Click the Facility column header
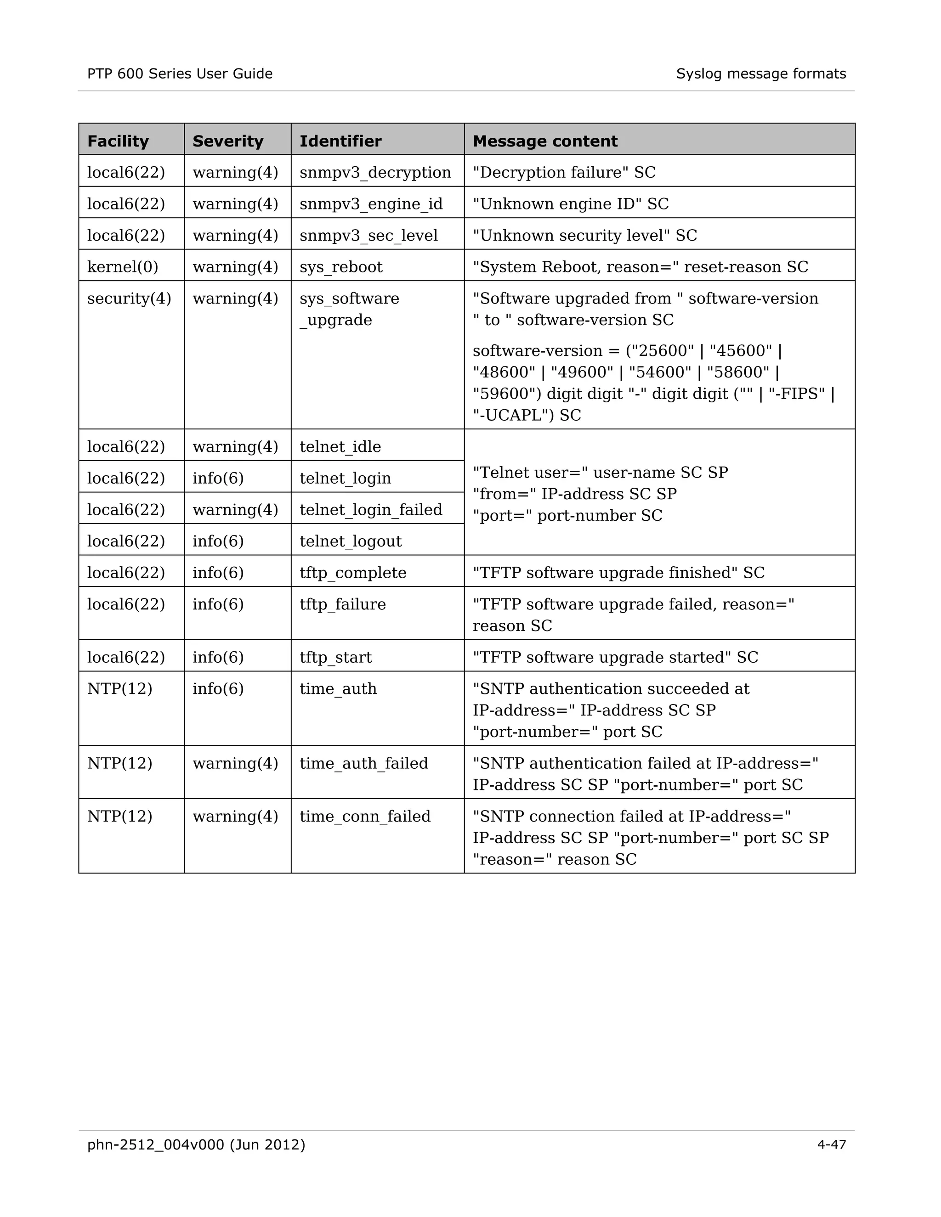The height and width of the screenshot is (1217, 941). click(x=118, y=141)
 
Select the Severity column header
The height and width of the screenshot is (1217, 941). click(x=227, y=141)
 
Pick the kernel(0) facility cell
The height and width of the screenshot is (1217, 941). click(x=123, y=266)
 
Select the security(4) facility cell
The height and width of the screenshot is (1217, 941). click(x=129, y=298)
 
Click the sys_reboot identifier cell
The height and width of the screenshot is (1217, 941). click(x=340, y=266)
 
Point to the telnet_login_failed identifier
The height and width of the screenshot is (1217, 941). click(x=371, y=509)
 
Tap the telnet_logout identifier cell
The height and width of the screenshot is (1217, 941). click(x=350, y=541)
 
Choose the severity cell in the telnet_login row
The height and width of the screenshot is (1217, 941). click(x=218, y=478)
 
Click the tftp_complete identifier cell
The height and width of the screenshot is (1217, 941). click(x=352, y=572)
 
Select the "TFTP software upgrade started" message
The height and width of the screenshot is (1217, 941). click(x=615, y=657)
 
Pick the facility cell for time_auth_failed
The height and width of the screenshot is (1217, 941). click(x=119, y=763)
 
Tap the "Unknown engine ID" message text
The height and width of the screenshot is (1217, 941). click(x=570, y=203)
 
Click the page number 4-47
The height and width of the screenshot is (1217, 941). click(x=831, y=1144)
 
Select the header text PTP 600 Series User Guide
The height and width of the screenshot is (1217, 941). click(x=180, y=73)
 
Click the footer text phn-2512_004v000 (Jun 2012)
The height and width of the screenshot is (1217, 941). click(x=196, y=1144)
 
